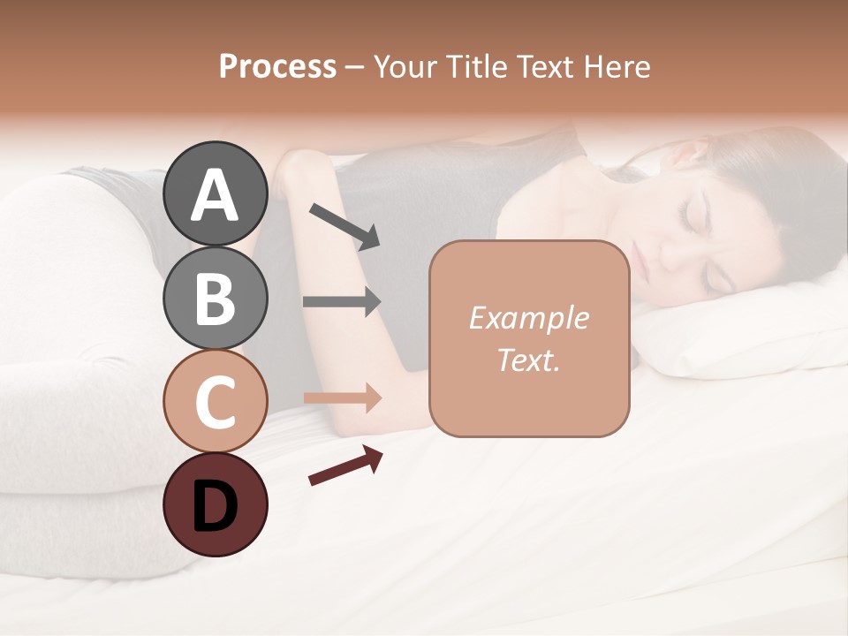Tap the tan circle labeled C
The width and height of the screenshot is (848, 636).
pyautogui.click(x=215, y=401)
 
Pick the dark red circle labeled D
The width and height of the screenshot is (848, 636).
pyautogui.click(x=215, y=504)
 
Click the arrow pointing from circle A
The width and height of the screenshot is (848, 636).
pyautogui.click(x=344, y=225)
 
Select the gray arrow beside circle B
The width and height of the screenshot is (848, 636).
pyautogui.click(x=342, y=302)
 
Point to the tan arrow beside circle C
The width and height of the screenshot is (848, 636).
pyautogui.click(x=342, y=398)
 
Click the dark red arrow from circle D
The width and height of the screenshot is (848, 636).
pyautogui.click(x=345, y=466)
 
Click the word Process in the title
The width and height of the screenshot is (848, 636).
pyautogui.click(x=277, y=67)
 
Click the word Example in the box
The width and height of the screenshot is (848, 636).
pyautogui.click(x=528, y=319)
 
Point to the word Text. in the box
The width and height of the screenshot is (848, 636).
pyautogui.click(x=528, y=360)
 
